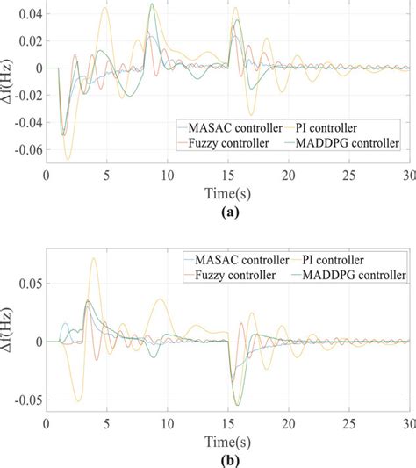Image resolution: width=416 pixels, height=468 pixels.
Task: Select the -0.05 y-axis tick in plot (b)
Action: coord(25,400)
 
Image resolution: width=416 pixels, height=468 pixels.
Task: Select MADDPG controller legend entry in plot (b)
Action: coord(359,276)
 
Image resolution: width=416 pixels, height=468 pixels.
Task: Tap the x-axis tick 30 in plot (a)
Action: coord(409,176)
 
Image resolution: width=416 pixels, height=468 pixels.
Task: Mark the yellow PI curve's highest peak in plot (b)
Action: coord(94,258)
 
